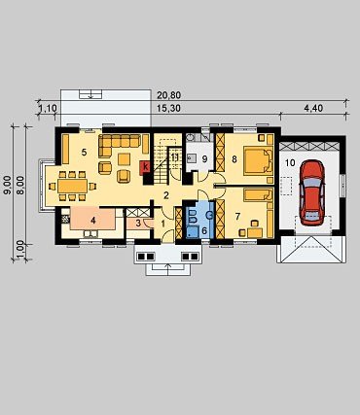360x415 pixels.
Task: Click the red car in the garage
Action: tap(312, 192)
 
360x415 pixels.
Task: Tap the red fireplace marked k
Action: tap(145, 168)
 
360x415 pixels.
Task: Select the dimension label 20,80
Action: tap(168, 95)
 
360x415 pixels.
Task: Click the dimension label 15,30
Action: tap(168, 109)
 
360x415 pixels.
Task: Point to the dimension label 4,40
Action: tap(313, 108)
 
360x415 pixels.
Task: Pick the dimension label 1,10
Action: tap(48, 109)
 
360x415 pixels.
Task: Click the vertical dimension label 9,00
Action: tap(7, 185)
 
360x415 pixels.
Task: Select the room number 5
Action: tap(84, 152)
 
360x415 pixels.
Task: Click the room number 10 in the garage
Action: tap(290, 162)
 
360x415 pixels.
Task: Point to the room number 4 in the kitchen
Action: tap(93, 221)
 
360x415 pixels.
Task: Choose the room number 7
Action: tap(237, 216)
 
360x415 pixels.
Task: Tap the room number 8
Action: tap(234, 159)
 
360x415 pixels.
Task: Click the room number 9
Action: tap(204, 159)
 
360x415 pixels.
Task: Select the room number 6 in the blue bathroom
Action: tap(204, 231)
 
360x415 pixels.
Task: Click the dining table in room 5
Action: tap(73, 186)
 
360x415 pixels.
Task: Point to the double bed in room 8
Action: tap(258, 159)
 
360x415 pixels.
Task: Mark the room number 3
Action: tap(138, 224)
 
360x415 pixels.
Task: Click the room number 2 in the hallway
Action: tap(166, 195)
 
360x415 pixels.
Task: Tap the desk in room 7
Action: tap(255, 232)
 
